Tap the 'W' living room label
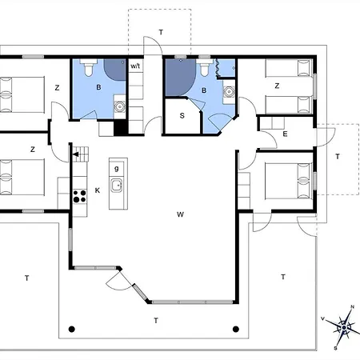[180, 214]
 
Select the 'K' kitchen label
[98, 190]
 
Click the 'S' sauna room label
[182, 115]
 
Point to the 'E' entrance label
[285, 134]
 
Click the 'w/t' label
[135, 66]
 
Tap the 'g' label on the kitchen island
[116, 169]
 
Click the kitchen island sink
[117, 185]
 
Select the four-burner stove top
[80, 196]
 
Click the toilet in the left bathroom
[88, 67]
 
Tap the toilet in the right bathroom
[204, 67]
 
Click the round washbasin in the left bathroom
[120, 107]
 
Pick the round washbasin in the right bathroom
[229, 91]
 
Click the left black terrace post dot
[71, 329]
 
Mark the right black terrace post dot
[236, 329]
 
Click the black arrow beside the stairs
[76, 154]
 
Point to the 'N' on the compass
[352, 307]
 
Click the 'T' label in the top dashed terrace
[161, 32]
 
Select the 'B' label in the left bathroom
[98, 87]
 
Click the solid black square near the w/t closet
[120, 127]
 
